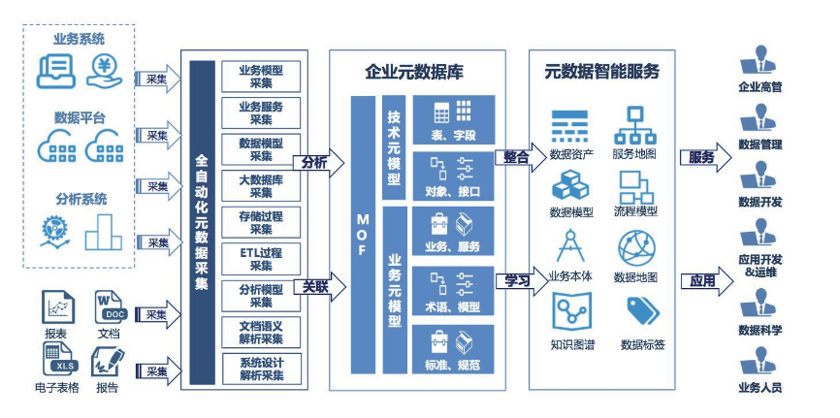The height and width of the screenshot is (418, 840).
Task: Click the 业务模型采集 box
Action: (261, 77)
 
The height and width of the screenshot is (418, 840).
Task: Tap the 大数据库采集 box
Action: (261, 186)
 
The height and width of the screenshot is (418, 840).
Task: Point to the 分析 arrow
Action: (315, 163)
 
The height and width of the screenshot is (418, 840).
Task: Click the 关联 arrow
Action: (315, 287)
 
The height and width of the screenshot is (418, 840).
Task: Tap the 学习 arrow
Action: (515, 281)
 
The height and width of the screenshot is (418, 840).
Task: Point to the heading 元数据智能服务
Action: (601, 71)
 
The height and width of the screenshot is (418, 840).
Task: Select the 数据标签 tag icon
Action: (642, 310)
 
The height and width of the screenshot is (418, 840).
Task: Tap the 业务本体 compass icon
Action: (570, 247)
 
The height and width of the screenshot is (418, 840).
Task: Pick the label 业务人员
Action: (759, 388)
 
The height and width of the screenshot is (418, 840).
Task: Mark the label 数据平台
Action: (80, 117)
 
